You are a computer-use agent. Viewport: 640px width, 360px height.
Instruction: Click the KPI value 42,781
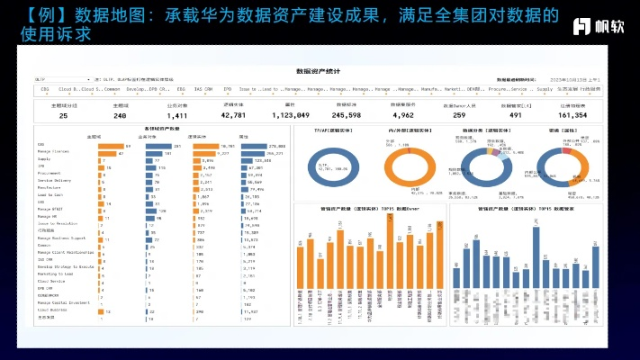(233, 115)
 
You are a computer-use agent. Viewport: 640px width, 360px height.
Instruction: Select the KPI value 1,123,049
(290, 115)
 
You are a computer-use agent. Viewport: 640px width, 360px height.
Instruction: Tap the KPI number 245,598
(347, 115)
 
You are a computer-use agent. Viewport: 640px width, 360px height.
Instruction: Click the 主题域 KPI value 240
(120, 115)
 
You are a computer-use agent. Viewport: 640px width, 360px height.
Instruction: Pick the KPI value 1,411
(176, 115)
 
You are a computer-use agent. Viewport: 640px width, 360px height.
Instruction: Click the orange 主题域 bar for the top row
(111, 146)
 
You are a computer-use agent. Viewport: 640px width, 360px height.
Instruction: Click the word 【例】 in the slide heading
(37, 15)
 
